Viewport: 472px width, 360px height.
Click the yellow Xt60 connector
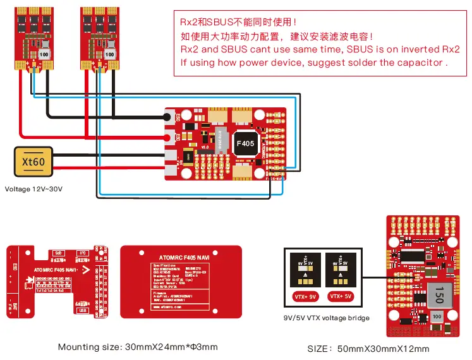pyautogui.click(x=33, y=162)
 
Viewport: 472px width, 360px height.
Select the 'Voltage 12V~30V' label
pyautogui.click(x=35, y=188)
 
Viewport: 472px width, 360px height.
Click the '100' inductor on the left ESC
pyautogui.click(x=44, y=54)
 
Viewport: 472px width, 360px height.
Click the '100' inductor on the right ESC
pyautogui.click(x=110, y=54)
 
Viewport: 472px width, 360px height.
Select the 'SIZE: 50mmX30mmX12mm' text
pyautogui.click(x=368, y=349)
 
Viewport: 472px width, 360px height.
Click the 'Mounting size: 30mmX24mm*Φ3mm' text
pyautogui.click(x=137, y=347)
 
